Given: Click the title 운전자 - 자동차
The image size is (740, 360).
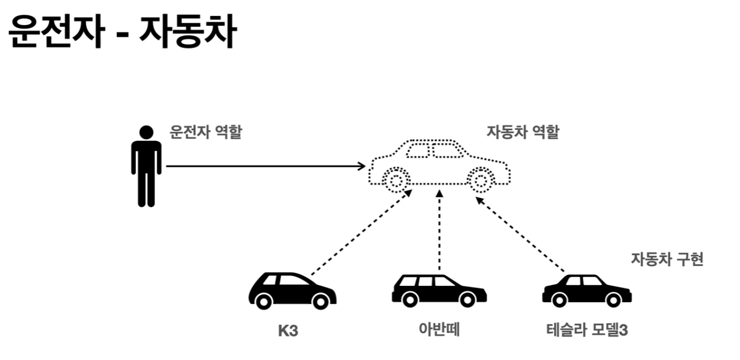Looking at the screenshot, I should (122, 31).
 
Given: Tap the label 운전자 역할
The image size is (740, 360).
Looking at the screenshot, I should (205, 133).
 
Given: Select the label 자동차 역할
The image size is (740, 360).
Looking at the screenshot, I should (523, 133).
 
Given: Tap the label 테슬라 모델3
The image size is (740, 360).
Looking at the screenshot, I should (587, 331).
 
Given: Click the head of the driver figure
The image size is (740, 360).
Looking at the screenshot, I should (146, 133).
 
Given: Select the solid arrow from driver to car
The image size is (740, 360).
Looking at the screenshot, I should (262, 166).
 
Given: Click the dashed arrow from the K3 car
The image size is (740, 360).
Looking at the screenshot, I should (360, 232).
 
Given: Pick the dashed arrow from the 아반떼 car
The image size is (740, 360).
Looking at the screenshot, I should (439, 232).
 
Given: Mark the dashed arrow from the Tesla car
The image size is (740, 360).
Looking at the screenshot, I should (521, 235).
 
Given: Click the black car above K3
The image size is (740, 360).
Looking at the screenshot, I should (292, 290).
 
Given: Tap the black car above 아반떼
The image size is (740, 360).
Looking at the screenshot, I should (438, 290).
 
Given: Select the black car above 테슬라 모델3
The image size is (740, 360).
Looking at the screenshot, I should (587, 290).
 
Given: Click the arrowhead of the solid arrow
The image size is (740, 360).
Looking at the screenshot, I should (362, 166).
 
